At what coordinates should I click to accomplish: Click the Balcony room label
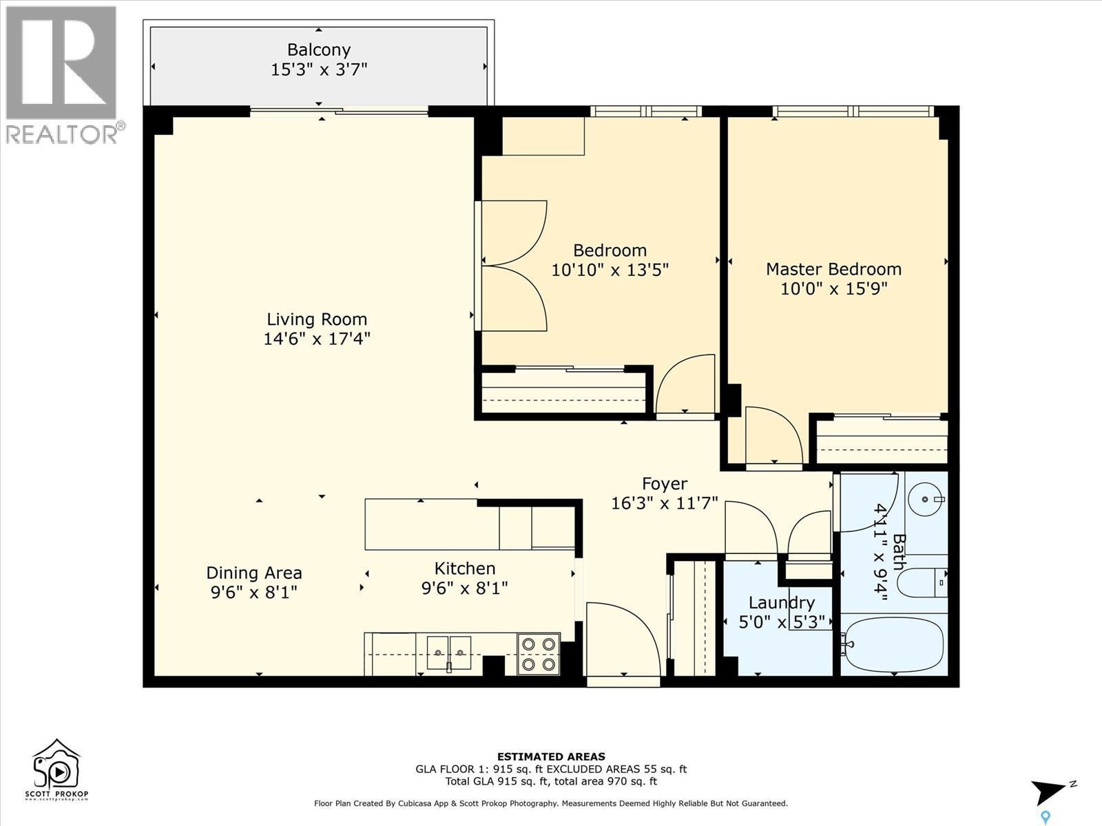click(x=318, y=50)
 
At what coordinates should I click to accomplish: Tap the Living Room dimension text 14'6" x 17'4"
click(x=317, y=339)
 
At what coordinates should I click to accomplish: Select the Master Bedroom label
click(x=833, y=269)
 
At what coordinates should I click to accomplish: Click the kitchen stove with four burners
click(x=539, y=654)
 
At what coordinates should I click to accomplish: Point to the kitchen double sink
click(x=448, y=653)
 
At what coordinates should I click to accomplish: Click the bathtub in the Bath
click(x=893, y=644)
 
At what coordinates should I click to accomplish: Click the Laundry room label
click(x=781, y=603)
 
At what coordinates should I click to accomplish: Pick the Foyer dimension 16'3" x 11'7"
click(x=664, y=503)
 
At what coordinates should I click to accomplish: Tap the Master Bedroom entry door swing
click(x=773, y=437)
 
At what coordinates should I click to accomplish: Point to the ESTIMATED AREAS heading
click(x=551, y=756)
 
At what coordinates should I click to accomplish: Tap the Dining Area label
click(x=254, y=573)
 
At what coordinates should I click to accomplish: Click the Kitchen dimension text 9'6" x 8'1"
click(x=464, y=589)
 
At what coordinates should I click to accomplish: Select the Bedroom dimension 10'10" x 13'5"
click(x=610, y=269)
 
